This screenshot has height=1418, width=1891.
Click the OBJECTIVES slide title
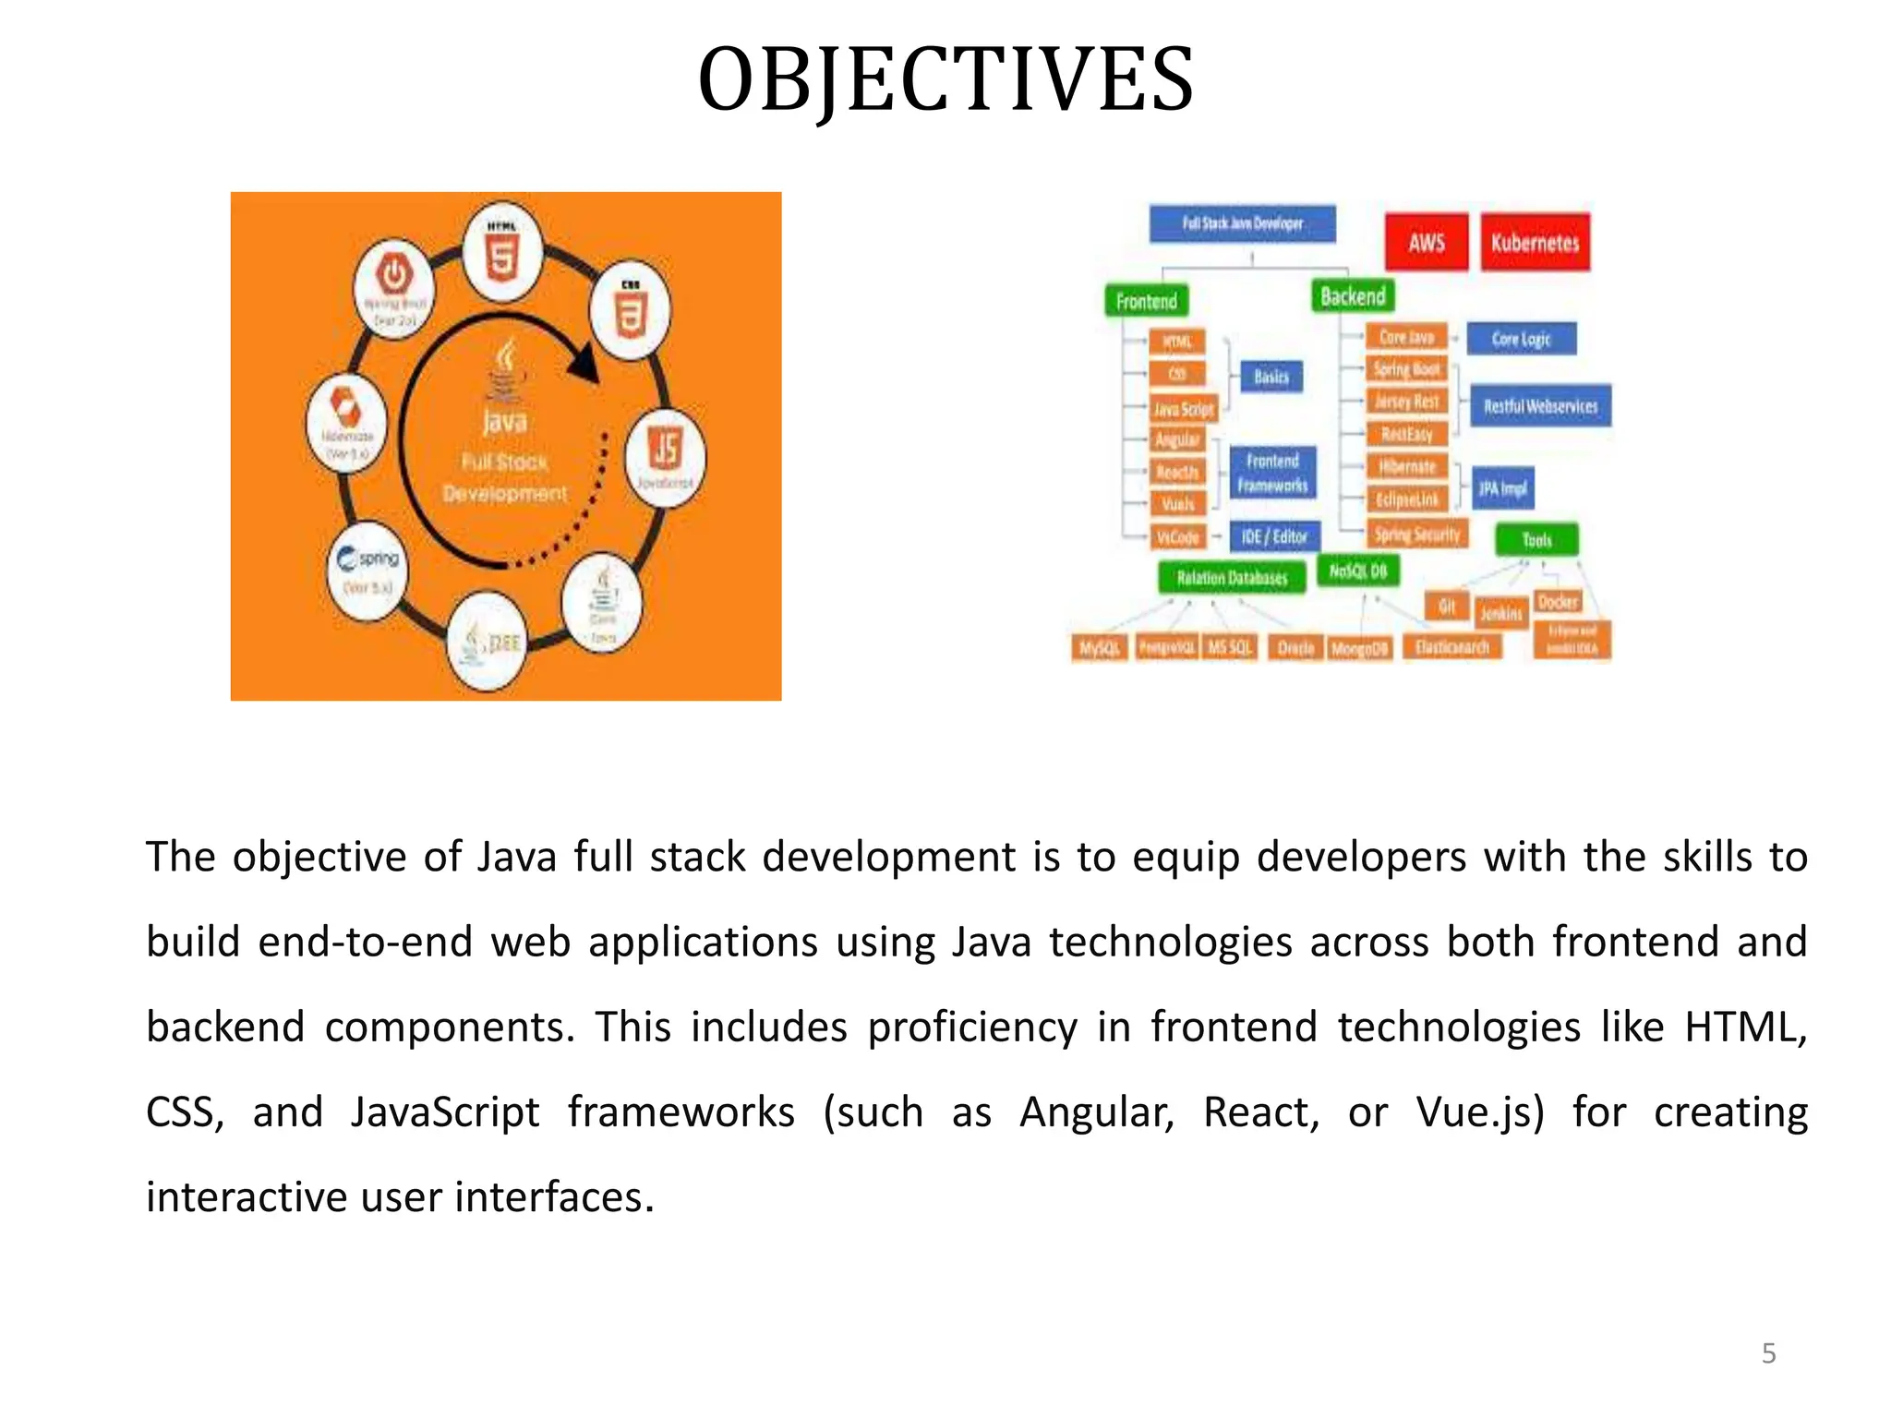tap(945, 80)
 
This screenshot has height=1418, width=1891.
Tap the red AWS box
tap(1426, 242)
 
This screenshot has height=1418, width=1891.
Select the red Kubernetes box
tap(1535, 242)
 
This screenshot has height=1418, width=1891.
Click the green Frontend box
tap(1147, 301)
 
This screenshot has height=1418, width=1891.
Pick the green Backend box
tap(1353, 296)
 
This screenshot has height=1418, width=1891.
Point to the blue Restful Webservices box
tap(1540, 406)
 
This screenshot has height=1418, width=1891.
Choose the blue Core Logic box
tap(1521, 339)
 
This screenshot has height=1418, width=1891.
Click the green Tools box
tap(1536, 540)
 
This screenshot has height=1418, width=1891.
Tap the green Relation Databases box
tap(1232, 578)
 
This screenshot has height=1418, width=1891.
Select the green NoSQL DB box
tap(1357, 571)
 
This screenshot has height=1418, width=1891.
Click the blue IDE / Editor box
tap(1274, 536)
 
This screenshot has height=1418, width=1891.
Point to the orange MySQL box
tap(1099, 648)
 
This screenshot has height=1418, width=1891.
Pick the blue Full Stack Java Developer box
tap(1242, 223)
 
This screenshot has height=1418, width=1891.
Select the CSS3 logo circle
tap(631, 313)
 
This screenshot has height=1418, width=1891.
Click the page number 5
tap(1768, 1353)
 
